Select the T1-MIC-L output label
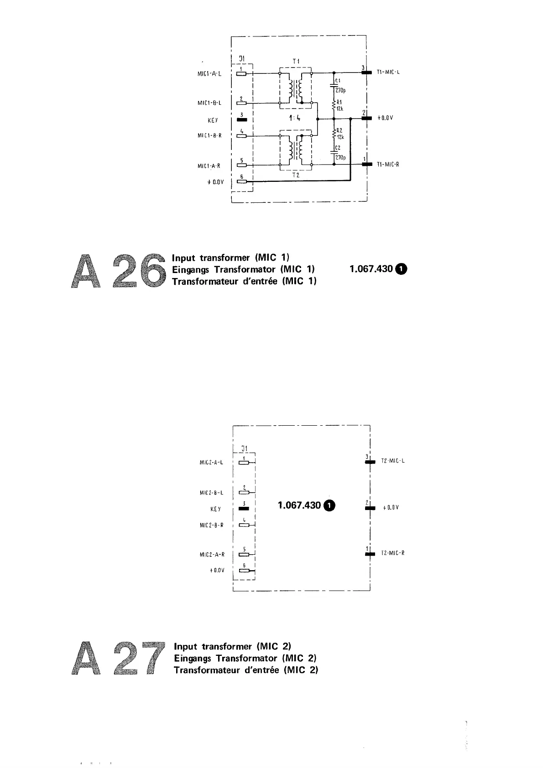point(388,72)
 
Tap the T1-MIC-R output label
point(388,165)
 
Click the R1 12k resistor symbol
point(334,105)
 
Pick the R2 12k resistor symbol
point(334,133)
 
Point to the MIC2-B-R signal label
point(211,526)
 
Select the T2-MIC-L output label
point(392,461)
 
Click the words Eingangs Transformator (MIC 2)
point(245,658)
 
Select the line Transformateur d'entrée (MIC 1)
point(244,281)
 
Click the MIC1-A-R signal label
point(209,166)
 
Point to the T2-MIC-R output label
point(392,553)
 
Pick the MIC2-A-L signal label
point(211,463)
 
